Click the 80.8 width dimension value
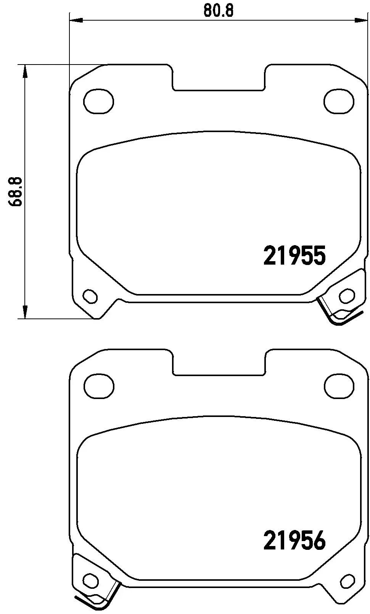(219, 11)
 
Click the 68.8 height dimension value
(15, 192)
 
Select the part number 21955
(294, 255)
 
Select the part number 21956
(294, 540)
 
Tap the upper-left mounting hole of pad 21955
(98, 101)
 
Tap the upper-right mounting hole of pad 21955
(339, 101)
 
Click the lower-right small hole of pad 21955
(347, 296)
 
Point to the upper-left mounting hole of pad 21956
(98, 386)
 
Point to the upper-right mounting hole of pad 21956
(339, 386)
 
